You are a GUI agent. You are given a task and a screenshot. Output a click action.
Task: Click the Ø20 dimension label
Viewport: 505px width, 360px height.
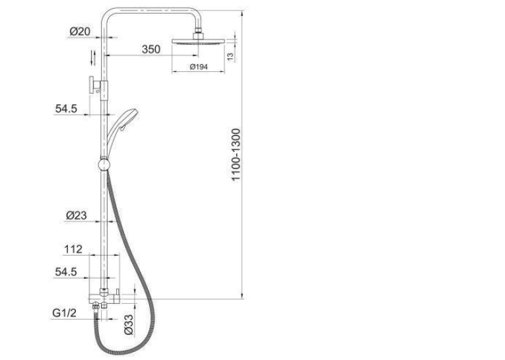(x=80, y=32)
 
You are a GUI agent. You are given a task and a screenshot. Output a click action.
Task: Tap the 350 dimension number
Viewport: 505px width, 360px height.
(x=151, y=50)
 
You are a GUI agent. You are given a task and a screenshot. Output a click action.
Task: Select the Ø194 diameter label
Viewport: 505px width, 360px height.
(x=199, y=67)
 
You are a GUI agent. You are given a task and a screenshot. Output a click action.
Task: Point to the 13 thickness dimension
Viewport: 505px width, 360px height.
(x=230, y=57)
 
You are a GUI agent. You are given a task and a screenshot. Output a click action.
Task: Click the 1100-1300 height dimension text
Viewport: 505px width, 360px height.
(x=236, y=155)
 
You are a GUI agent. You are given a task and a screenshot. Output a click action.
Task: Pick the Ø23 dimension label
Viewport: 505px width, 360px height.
(x=77, y=215)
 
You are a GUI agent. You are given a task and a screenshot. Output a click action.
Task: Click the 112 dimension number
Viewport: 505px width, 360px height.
(x=73, y=249)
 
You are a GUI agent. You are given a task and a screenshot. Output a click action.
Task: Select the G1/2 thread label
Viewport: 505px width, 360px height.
(x=65, y=312)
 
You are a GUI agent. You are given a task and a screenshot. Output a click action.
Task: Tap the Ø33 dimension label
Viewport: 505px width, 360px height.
(x=128, y=325)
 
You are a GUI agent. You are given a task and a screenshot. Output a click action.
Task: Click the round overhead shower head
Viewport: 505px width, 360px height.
(x=198, y=42)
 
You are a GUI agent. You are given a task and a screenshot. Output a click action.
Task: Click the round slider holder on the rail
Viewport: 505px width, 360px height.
(x=104, y=164)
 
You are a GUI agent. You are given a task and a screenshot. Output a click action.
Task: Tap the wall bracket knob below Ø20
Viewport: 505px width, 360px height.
(x=92, y=85)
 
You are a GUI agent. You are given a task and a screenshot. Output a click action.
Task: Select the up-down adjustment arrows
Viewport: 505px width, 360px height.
(x=93, y=57)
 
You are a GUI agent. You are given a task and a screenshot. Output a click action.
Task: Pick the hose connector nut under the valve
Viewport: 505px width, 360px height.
(x=95, y=306)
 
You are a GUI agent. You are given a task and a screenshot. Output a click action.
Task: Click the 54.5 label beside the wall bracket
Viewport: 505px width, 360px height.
(x=66, y=109)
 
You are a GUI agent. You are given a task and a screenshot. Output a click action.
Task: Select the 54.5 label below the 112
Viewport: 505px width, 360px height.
(x=66, y=272)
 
